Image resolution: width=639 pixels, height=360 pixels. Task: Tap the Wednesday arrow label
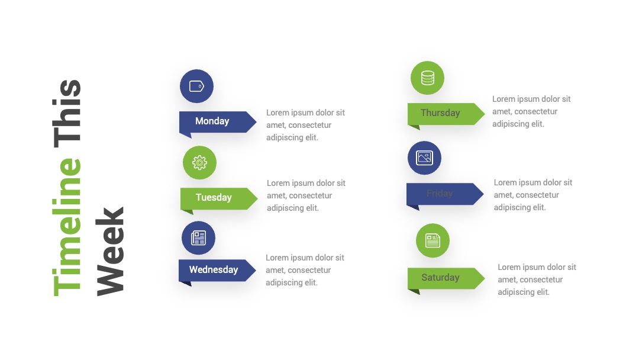coord(217,271)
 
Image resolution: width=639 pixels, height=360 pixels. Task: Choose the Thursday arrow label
coord(446,114)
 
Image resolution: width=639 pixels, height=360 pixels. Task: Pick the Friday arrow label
coord(444,194)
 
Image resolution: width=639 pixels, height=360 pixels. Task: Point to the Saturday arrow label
coord(446,279)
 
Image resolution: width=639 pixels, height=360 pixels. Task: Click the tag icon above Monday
coord(196,86)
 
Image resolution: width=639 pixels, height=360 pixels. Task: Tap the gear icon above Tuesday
coord(200,163)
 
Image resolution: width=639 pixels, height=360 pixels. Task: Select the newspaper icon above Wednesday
coord(198,237)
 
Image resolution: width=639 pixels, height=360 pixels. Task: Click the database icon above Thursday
coord(428,78)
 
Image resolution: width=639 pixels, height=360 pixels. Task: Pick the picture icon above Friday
coord(424,157)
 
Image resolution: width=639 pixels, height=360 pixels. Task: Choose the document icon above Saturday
coord(433,240)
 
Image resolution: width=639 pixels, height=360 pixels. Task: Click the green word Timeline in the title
coord(67,227)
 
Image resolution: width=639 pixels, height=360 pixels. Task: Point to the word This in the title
coord(67,113)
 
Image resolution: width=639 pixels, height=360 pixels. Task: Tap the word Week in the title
coord(109,252)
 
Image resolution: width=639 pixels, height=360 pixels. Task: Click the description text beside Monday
coord(306,125)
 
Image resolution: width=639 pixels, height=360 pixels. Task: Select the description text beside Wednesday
coord(305,270)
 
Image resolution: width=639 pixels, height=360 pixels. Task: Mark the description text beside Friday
coord(533,195)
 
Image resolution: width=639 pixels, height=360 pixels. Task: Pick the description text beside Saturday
coord(537,279)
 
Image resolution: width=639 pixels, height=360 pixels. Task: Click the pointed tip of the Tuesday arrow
coord(257,198)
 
